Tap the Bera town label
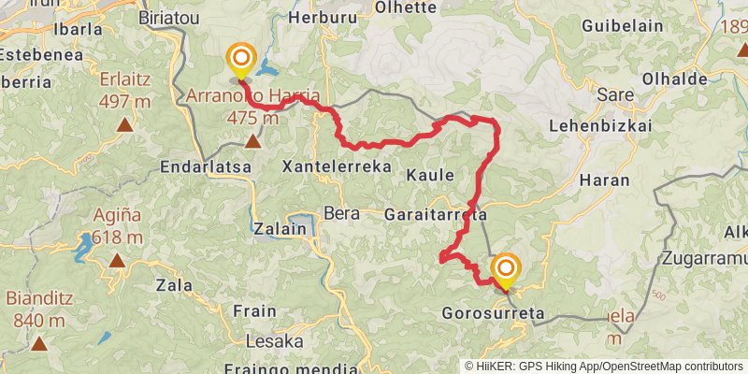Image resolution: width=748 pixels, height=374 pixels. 341,212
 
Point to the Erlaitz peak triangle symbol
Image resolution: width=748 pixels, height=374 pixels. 124,123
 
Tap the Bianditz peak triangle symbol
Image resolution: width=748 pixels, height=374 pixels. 39,343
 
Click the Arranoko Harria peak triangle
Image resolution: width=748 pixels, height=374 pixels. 252,141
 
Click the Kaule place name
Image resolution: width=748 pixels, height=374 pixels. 430,175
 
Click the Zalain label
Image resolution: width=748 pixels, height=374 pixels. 279,228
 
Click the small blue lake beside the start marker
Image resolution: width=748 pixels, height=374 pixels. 268,68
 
